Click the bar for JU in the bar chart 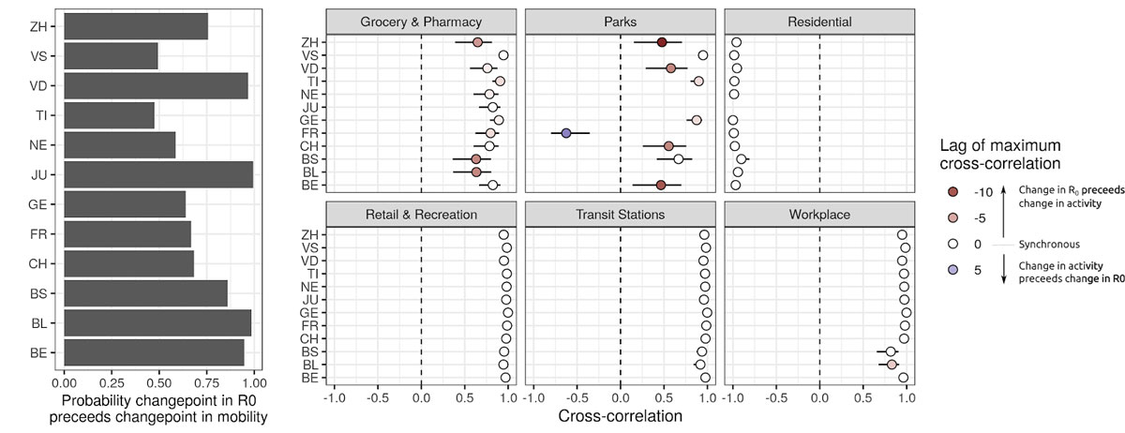[157, 174]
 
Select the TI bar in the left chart [109, 115]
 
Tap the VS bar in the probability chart [111, 56]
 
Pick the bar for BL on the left [157, 322]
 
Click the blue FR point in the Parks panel [566, 133]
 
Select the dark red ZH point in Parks [662, 42]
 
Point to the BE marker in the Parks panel [661, 185]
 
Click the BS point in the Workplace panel [891, 351]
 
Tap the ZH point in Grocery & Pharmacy [477, 42]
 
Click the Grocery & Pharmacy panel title [421, 21]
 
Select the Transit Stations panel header [621, 215]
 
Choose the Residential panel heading [820, 21]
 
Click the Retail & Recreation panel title [421, 215]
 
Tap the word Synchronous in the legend [1050, 245]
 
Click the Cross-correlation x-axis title [621, 416]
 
